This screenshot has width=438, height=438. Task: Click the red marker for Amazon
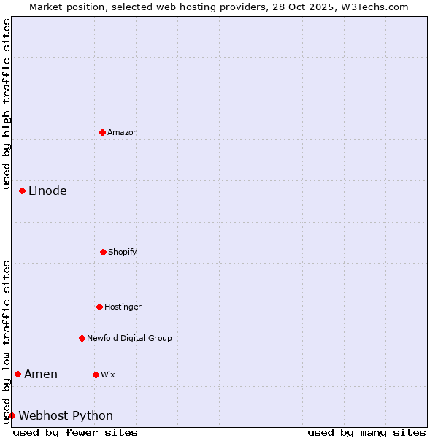pyautogui.click(x=102, y=132)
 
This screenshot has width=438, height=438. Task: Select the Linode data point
pyautogui.click(x=22, y=191)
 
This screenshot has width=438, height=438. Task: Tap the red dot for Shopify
pyautogui.click(x=103, y=252)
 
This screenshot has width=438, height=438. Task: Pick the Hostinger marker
pyautogui.click(x=99, y=307)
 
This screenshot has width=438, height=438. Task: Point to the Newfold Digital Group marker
pyautogui.click(x=82, y=338)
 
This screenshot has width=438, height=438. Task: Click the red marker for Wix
pyautogui.click(x=96, y=374)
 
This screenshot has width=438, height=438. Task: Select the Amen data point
pyautogui.click(x=18, y=374)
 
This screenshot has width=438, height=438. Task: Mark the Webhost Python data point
pyautogui.click(x=12, y=415)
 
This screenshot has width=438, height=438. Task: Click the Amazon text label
pyautogui.click(x=123, y=132)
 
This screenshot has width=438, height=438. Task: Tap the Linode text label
pyautogui.click(x=47, y=191)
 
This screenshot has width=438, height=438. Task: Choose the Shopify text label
pyautogui.click(x=122, y=252)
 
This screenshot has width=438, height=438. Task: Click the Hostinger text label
pyautogui.click(x=123, y=307)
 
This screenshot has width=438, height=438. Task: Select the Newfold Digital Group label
pyautogui.click(x=129, y=338)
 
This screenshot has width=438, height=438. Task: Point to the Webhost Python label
pyautogui.click(x=66, y=415)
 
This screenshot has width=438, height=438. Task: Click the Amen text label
pyautogui.click(x=41, y=374)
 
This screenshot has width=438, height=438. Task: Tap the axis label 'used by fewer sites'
pyautogui.click(x=75, y=432)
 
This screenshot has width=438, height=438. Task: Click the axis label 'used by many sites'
pyautogui.click(x=366, y=432)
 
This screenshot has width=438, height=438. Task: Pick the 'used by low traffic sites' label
pyautogui.click(x=7, y=341)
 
